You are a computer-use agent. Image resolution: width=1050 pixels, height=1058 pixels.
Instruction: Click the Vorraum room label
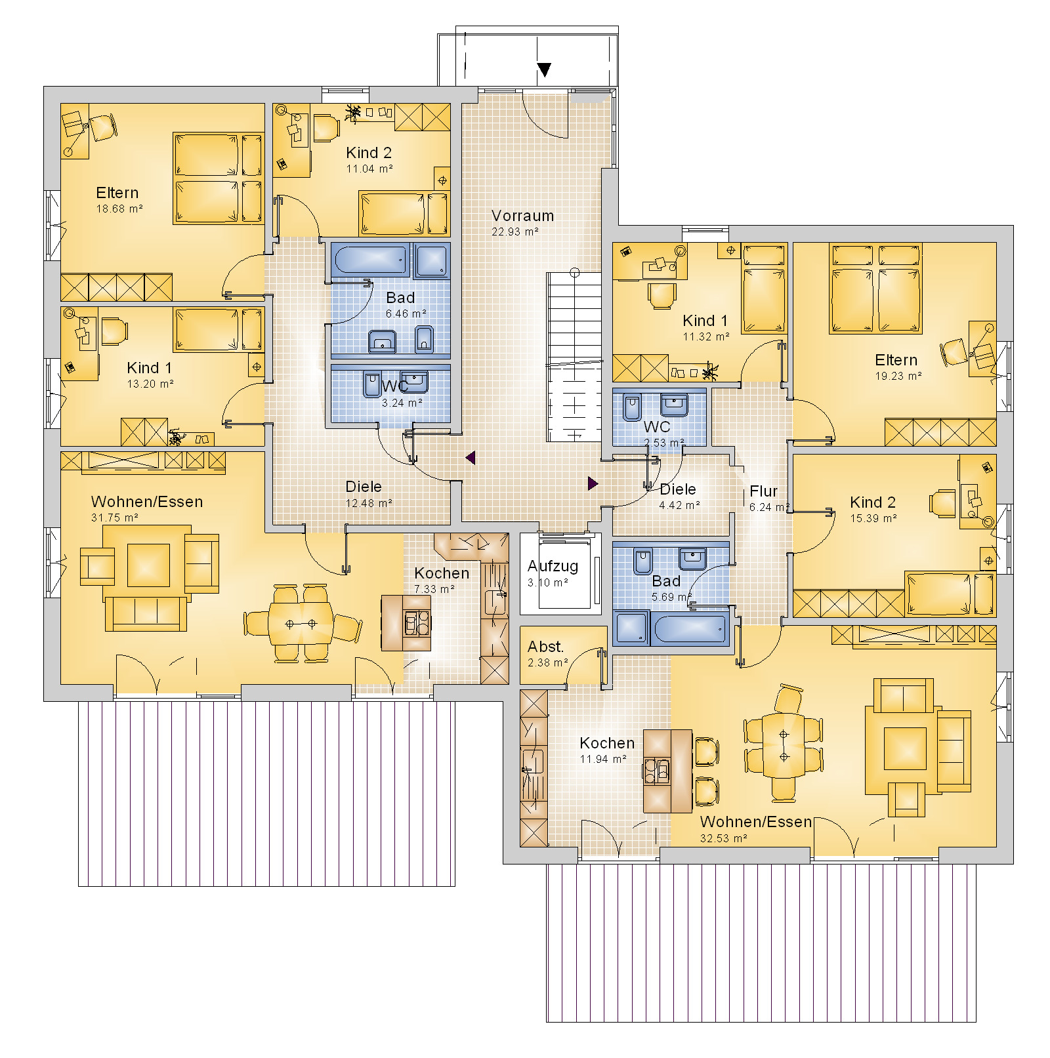click(522, 216)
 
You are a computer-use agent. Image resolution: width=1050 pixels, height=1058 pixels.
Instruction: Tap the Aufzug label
click(553, 566)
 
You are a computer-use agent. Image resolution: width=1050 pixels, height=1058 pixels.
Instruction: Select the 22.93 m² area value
click(514, 232)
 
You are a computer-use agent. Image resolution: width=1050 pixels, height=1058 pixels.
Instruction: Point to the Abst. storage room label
click(545, 647)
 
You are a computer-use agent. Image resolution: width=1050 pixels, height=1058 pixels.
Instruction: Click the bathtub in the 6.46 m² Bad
click(371, 260)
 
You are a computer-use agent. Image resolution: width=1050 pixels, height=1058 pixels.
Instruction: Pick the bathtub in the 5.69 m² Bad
click(690, 628)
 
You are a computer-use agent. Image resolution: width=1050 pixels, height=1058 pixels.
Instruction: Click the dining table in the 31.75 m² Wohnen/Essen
click(301, 623)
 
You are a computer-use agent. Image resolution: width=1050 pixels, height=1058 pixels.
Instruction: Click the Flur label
click(763, 491)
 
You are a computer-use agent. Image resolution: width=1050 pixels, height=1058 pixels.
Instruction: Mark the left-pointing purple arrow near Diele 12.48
click(470, 457)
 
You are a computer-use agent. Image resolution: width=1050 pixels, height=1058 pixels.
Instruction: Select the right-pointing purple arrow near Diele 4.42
click(593, 483)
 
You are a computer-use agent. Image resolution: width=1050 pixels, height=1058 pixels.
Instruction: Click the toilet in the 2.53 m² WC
click(633, 407)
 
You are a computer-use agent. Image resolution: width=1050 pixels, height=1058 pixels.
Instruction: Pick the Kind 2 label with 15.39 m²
click(872, 502)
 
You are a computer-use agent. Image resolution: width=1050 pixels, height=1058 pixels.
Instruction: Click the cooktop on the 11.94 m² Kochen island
click(657, 770)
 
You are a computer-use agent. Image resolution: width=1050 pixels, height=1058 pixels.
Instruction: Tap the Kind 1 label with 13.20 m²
click(149, 368)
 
